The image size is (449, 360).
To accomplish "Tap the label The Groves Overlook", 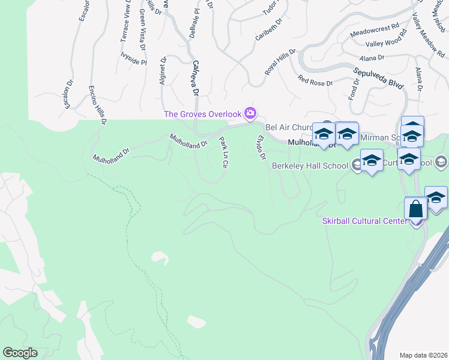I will pyautogui.click(x=202, y=114).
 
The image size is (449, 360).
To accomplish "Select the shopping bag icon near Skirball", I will pyautogui.click(x=415, y=210).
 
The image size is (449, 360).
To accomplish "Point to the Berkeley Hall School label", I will pyautogui.click(x=310, y=166).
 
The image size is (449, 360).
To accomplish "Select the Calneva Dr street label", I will pyautogui.click(x=195, y=77).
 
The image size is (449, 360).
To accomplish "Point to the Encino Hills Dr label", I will pyautogui.click(x=97, y=104).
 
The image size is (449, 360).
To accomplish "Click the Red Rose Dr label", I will pyautogui.click(x=315, y=80).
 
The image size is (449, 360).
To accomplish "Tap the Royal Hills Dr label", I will pyautogui.click(x=281, y=62).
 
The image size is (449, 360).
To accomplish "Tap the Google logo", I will pyautogui.click(x=20, y=353).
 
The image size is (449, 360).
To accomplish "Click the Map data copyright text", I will pyautogui.click(x=424, y=355).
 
